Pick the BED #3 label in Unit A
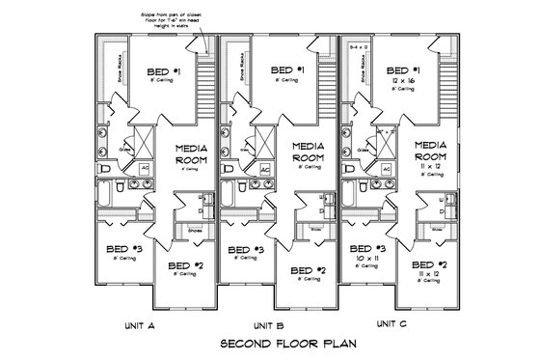[x=125, y=249]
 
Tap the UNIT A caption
[x=142, y=325]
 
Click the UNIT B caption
[x=268, y=325]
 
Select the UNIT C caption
[x=392, y=323]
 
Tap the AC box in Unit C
[x=385, y=168]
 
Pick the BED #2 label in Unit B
[x=309, y=270]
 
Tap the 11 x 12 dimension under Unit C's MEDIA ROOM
[x=431, y=168]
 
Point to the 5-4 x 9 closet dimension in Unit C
[x=358, y=45]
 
